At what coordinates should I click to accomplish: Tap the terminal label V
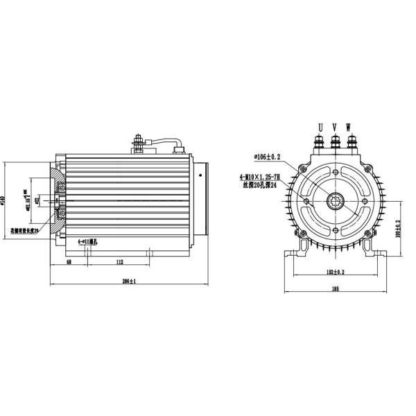(x=335, y=127)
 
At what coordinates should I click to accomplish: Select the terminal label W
(x=348, y=127)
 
